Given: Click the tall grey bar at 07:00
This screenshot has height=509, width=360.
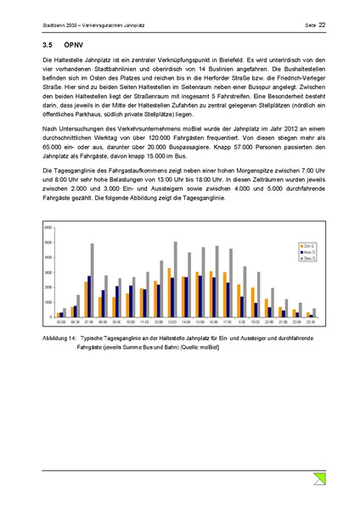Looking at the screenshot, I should [x=91, y=280].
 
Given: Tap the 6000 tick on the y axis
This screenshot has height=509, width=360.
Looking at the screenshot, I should [x=48, y=228].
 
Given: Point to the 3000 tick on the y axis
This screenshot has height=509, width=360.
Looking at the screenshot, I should [x=48, y=272].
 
